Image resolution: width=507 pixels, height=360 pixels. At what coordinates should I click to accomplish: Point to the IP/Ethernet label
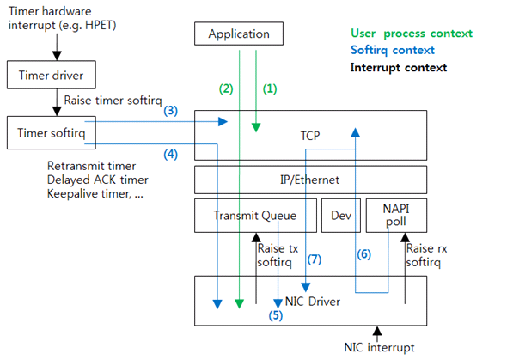[310, 180]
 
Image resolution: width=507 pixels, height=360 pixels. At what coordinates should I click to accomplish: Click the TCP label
[310, 136]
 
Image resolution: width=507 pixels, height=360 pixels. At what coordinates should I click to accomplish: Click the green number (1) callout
[271, 88]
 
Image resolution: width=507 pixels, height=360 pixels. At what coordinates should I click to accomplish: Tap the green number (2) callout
[226, 88]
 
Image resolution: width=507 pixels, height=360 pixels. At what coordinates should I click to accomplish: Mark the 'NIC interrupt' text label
[378, 347]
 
